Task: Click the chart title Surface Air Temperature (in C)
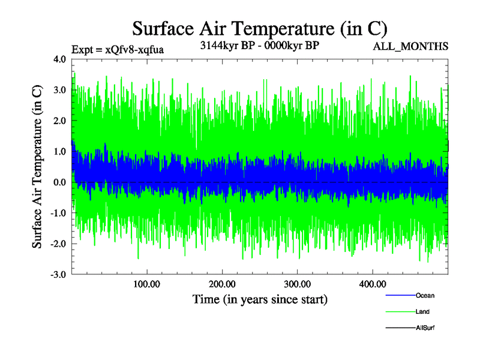click(260, 28)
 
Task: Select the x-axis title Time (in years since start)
click(260, 299)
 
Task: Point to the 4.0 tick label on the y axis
click(60, 59)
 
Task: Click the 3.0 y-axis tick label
click(60, 90)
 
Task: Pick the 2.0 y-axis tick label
click(60, 121)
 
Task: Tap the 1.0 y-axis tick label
click(60, 152)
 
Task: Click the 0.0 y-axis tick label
click(60, 182)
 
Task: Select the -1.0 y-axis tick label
click(59, 213)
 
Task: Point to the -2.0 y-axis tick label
click(59, 244)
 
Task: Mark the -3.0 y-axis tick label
click(59, 275)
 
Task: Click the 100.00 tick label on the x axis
click(147, 284)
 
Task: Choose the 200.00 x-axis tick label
click(222, 284)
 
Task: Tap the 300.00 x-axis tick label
click(297, 284)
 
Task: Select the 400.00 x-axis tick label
click(372, 284)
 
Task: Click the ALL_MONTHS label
click(410, 47)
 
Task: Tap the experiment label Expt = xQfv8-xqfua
click(118, 50)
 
